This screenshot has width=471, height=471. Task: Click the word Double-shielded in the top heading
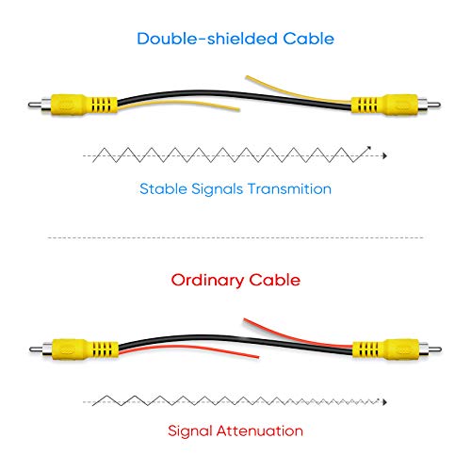tap(207, 39)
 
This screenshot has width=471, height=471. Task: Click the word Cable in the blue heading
tap(308, 39)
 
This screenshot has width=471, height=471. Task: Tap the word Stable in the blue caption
tap(163, 188)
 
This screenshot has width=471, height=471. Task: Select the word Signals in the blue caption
tap(217, 189)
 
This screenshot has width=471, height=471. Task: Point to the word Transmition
tap(289, 188)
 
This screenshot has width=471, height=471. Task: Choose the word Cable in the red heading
tap(275, 280)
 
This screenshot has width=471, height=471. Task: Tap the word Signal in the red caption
tap(190, 431)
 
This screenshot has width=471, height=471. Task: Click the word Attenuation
tap(260, 430)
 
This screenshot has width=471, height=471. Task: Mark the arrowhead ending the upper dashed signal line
tap(384, 155)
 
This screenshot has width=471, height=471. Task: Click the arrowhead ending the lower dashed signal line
tap(384, 402)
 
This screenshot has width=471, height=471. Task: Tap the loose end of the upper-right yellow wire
tap(247, 76)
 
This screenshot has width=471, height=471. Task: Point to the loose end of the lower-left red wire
tap(258, 357)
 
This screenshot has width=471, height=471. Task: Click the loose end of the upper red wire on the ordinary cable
tap(245, 319)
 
